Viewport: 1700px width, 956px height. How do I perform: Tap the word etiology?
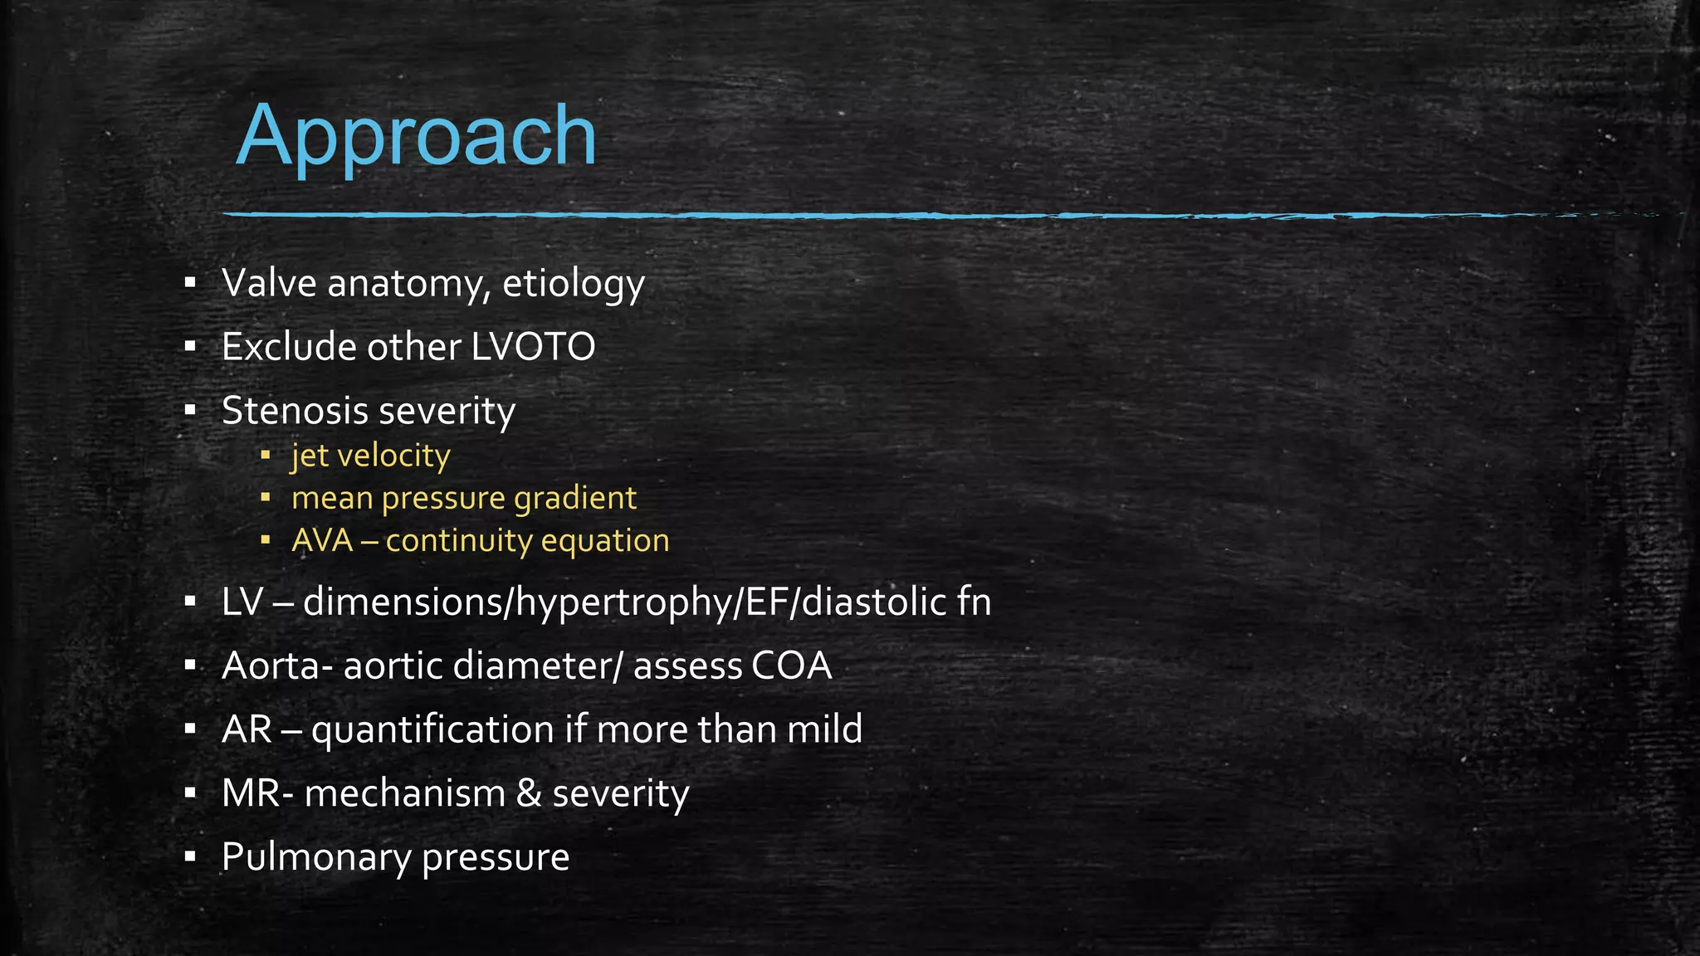[573, 284]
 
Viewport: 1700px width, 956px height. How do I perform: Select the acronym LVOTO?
[533, 347]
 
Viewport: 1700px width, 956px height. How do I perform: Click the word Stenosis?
[294, 411]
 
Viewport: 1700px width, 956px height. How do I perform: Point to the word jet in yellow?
[309, 456]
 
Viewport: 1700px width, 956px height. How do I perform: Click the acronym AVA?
[322, 541]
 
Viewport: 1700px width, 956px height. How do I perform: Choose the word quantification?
[432, 729]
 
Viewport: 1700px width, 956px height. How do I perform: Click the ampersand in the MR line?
[529, 793]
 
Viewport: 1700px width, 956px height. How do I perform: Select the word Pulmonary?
[315, 857]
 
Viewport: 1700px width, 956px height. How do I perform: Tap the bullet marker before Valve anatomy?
[190, 284]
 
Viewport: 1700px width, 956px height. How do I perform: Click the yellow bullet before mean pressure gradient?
[266, 498]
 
